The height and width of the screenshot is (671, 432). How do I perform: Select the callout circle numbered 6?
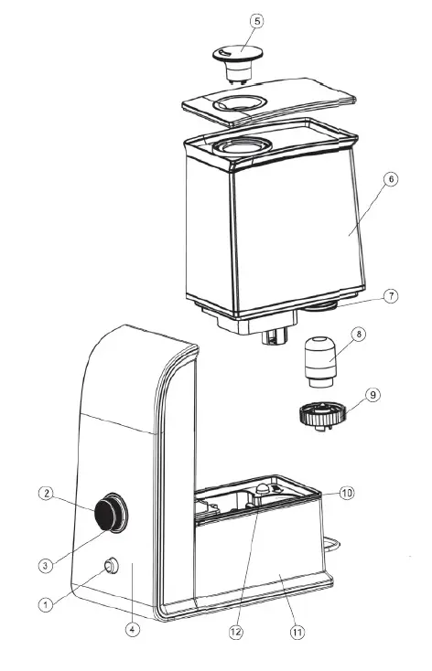point(390,205)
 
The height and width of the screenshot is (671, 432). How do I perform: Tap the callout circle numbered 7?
point(390,296)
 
